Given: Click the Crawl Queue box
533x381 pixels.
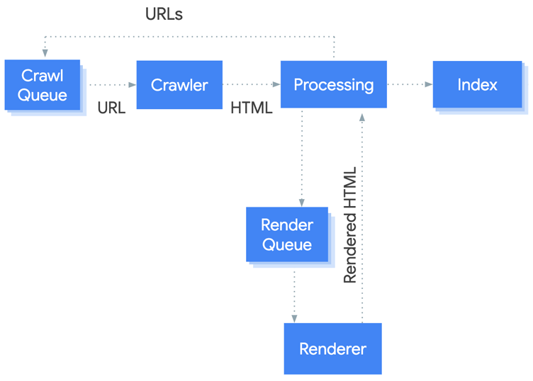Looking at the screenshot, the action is coord(43,85).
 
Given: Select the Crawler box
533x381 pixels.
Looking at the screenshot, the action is coord(179,85).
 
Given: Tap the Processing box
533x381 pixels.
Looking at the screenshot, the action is coord(333,84).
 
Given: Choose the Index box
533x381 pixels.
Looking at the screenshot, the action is coord(477,84).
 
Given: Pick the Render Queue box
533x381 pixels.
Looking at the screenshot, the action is coord(287,234).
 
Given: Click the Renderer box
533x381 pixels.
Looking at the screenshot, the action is coord(333,348).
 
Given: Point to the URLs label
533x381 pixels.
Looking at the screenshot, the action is coord(164,14).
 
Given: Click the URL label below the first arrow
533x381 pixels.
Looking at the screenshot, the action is coord(111,108).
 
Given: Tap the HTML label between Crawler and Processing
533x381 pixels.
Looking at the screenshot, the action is coord(252,108).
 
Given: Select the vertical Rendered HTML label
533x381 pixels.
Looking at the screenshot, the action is coord(350,224).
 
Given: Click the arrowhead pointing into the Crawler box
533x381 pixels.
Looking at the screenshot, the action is coord(133,84).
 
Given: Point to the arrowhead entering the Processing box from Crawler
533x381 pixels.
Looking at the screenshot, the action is coord(276,84).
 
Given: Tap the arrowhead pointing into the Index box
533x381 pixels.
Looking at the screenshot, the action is coord(429,84).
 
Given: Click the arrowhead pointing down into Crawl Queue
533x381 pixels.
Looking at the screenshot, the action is coord(45,53).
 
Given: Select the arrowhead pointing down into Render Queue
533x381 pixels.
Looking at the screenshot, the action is coord(301,203).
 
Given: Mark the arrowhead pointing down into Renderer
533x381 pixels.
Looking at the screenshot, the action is coord(294,319).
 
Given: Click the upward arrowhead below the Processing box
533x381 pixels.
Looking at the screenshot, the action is coord(362,118).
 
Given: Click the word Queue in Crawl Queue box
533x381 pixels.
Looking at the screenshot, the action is coord(43,95).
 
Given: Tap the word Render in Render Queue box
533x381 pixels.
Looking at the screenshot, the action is coord(287,224).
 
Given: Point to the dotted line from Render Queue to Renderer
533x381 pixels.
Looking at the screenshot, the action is coord(294,292).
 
